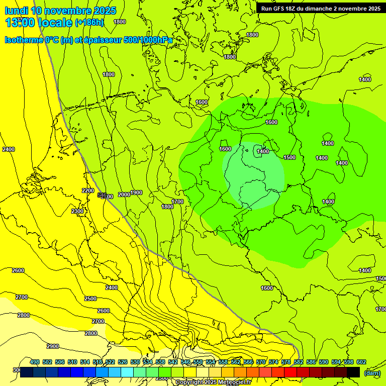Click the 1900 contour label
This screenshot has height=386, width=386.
pos(136,193)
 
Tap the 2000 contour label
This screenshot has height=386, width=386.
pos(124,195)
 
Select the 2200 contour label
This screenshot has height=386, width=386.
pos(87,190)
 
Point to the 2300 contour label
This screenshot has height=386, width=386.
pos(77,212)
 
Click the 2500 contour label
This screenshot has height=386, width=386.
pos(90,299)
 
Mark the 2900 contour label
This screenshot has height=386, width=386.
pos(53,346)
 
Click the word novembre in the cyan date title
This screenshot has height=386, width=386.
pos(68,11)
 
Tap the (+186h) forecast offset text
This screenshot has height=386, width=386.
pos(89,23)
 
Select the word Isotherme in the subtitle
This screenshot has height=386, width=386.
pos(24,40)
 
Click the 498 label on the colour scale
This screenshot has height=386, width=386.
pos(35,362)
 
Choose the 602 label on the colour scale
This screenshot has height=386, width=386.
pos(361,362)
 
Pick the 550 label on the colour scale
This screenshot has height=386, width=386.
pos(198,362)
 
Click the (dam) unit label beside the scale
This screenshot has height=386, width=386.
pos(372,372)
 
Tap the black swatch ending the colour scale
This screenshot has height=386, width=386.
pos(353,372)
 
